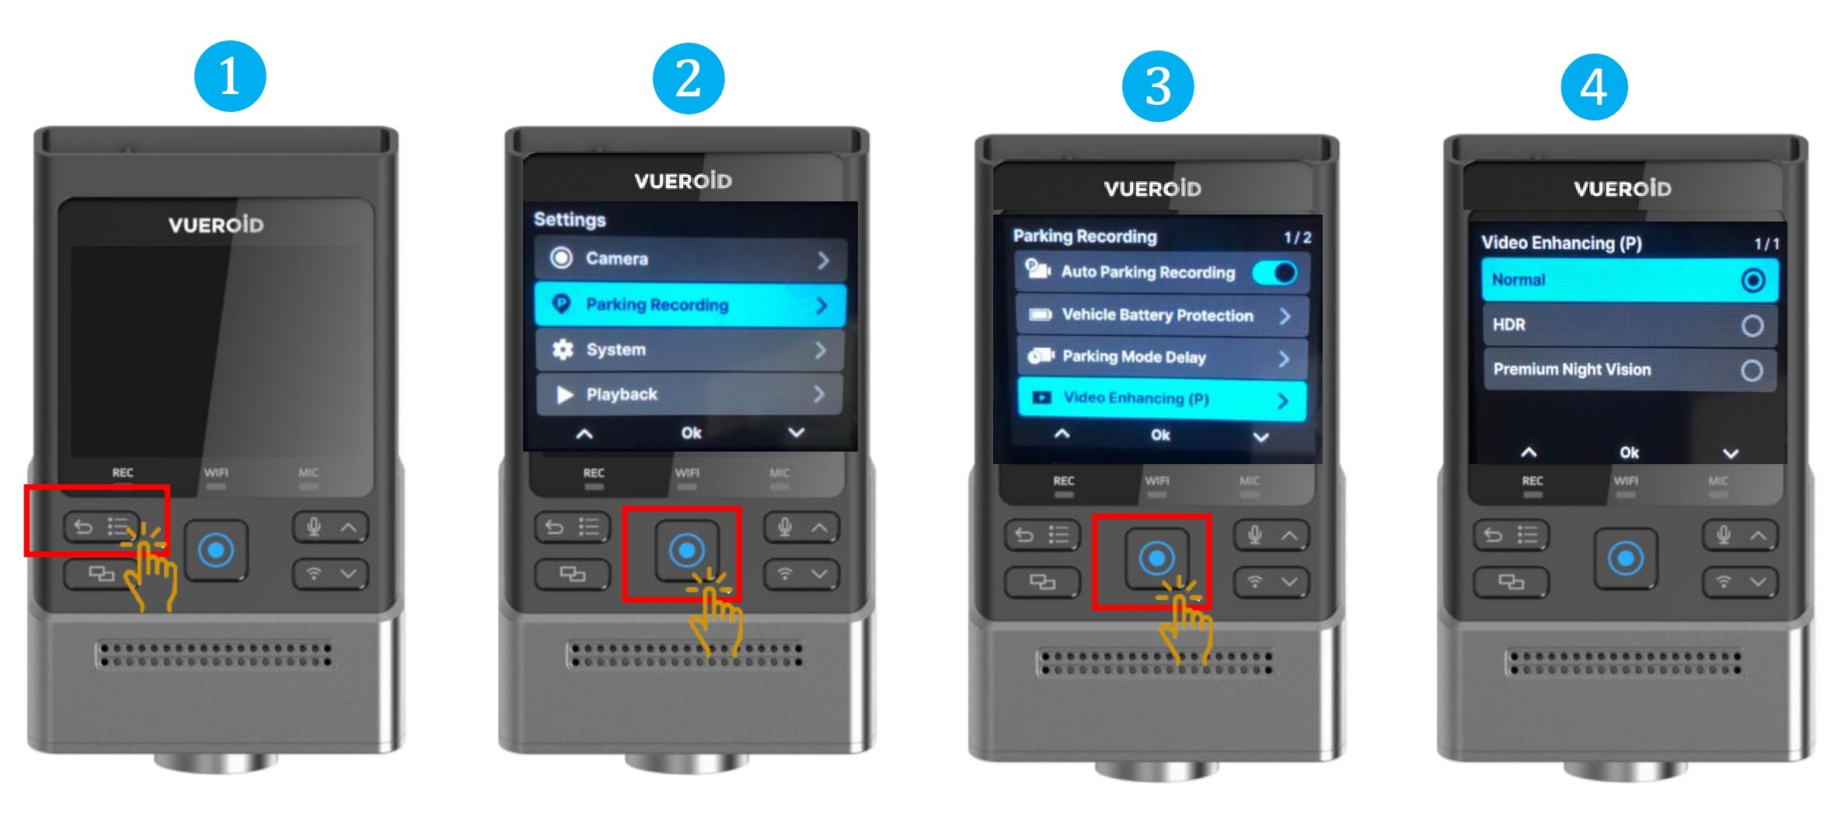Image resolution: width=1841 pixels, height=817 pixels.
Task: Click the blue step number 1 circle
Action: pyautogui.click(x=230, y=76)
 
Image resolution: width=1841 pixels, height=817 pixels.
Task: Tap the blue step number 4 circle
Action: pyautogui.click(x=1594, y=86)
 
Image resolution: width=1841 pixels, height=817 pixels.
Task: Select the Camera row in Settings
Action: pyautogui.click(x=689, y=259)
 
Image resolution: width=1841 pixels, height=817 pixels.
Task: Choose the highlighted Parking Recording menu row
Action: pyautogui.click(x=689, y=305)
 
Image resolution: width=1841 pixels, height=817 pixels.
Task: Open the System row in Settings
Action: pyautogui.click(x=689, y=350)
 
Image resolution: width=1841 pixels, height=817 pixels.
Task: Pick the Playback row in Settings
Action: pyautogui.click(x=689, y=394)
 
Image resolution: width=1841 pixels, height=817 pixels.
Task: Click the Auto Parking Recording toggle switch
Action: pyautogui.click(x=1275, y=272)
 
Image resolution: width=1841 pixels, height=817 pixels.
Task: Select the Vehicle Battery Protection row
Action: pyautogui.click(x=1162, y=316)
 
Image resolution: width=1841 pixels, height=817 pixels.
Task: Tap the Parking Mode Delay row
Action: pyautogui.click(x=1162, y=357)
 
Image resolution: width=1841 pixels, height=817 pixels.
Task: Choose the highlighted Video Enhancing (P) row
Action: pyautogui.click(x=1162, y=399)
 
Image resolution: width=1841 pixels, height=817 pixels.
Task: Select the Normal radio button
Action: pyautogui.click(x=1752, y=280)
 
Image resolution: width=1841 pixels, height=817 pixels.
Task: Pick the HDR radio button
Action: pyautogui.click(x=1752, y=325)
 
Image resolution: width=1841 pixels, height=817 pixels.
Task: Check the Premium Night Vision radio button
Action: pyautogui.click(x=1751, y=370)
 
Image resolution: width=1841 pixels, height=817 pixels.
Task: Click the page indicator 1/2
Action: pyautogui.click(x=1297, y=237)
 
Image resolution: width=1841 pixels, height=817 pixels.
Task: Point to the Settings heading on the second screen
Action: pyautogui.click(x=570, y=220)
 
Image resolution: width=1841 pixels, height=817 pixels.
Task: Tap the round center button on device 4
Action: pyautogui.click(x=1625, y=558)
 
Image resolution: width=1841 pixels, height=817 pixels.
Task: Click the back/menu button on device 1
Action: pyautogui.click(x=102, y=528)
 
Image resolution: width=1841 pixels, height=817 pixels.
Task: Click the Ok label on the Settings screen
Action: pyautogui.click(x=691, y=433)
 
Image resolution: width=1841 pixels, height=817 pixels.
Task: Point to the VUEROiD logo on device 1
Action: pyautogui.click(x=216, y=225)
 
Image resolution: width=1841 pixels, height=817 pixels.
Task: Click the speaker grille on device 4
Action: pyautogui.click(x=1623, y=662)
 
